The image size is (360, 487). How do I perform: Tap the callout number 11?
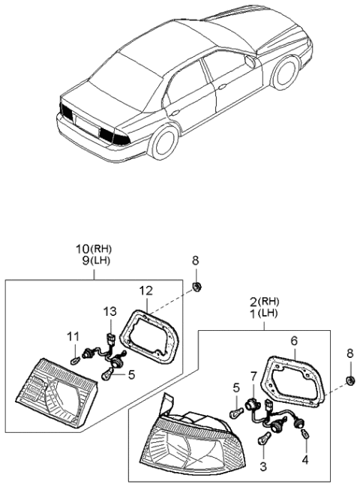coord(73,335)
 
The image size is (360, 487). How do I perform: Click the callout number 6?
coord(293,339)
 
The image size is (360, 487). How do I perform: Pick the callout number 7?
coord(253,375)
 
